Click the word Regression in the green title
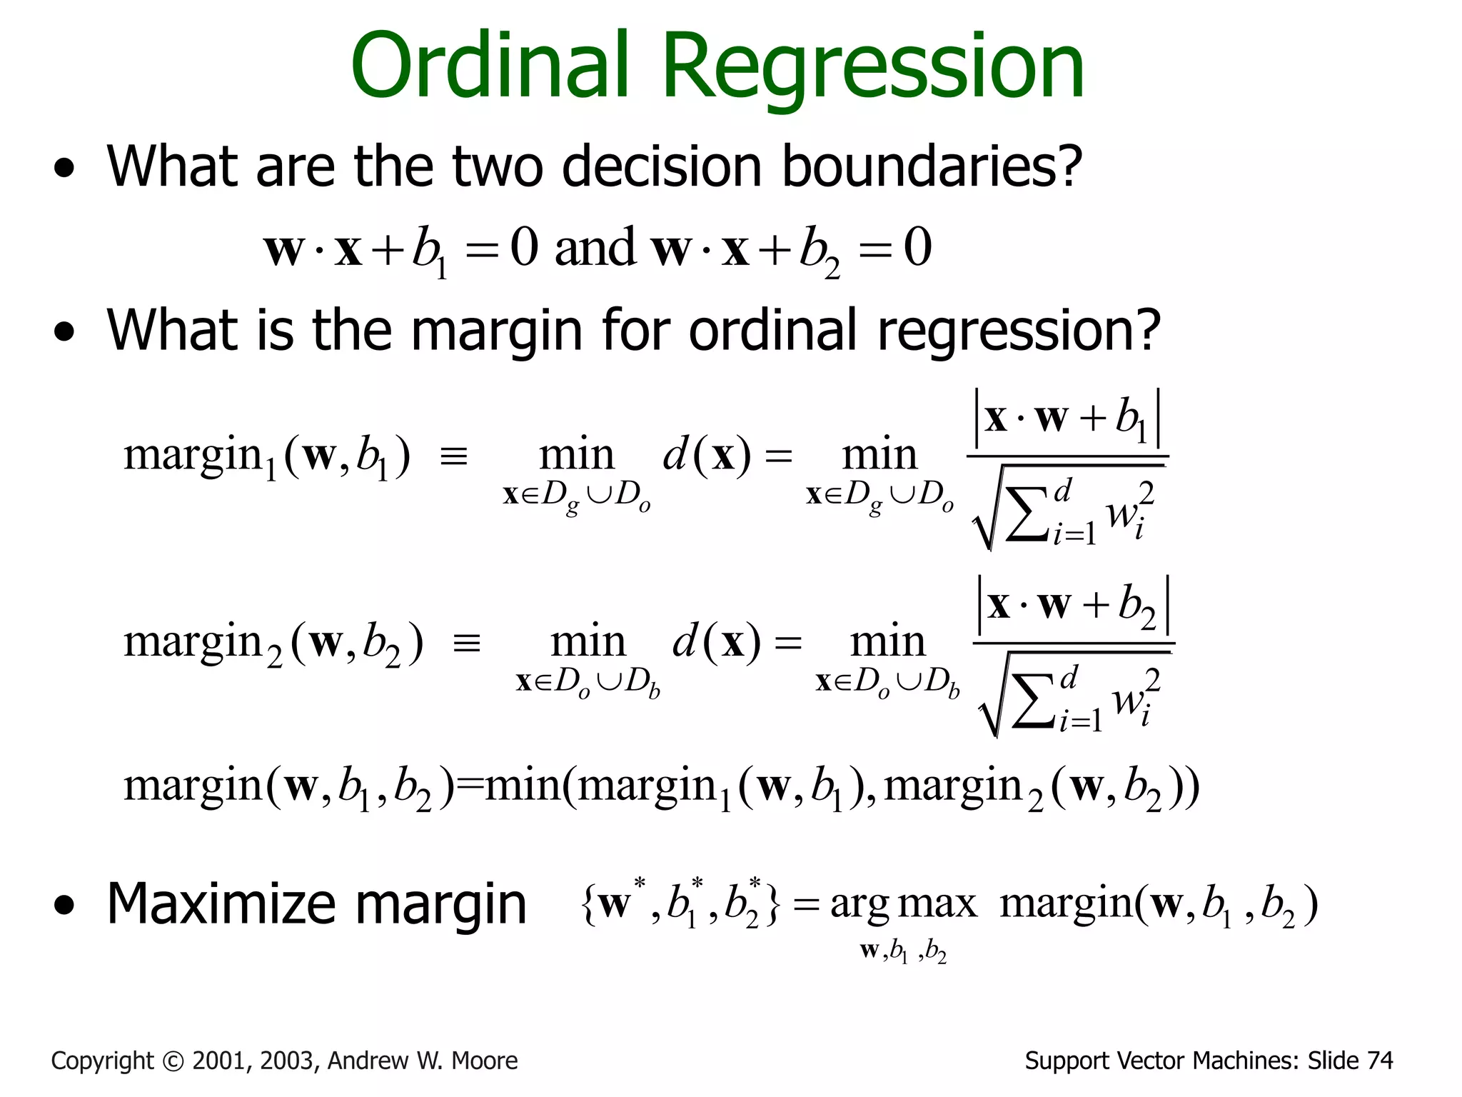[874, 69]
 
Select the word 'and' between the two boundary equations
[595, 248]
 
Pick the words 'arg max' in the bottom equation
[903, 904]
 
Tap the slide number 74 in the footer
[1379, 1061]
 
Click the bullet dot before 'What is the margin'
[64, 332]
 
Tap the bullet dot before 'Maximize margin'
[64, 906]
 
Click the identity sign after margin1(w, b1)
[454, 456]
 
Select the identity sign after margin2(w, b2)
[467, 643]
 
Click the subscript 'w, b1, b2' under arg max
[903, 951]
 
